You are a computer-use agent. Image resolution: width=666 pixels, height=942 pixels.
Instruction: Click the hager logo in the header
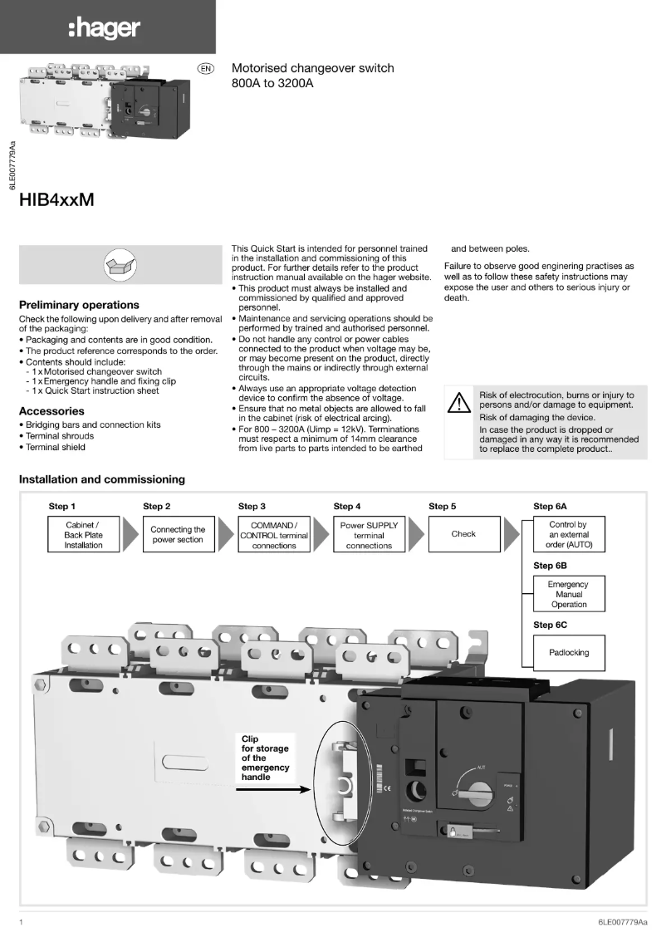click(x=104, y=30)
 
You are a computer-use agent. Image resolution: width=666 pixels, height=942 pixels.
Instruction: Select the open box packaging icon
click(x=115, y=265)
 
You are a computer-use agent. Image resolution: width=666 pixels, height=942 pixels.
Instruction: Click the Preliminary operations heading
click(x=79, y=305)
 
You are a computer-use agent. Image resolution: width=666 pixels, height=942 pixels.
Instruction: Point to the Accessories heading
click(x=51, y=411)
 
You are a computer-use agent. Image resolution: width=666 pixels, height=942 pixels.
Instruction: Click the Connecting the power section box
click(x=178, y=535)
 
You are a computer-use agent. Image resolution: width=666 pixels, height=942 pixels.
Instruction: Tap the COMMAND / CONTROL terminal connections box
click(x=274, y=535)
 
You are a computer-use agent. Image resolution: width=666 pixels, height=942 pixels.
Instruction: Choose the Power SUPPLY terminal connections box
click(x=369, y=535)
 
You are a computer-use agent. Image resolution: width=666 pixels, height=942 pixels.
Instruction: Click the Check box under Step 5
click(x=463, y=534)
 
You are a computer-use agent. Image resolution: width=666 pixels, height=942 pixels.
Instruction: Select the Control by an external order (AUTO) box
click(x=569, y=535)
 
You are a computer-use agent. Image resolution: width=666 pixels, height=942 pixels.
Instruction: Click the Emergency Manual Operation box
click(x=569, y=594)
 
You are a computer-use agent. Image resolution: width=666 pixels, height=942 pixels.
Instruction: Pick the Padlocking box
click(x=569, y=652)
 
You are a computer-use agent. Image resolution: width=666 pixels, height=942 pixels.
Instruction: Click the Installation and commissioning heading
click(x=102, y=479)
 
